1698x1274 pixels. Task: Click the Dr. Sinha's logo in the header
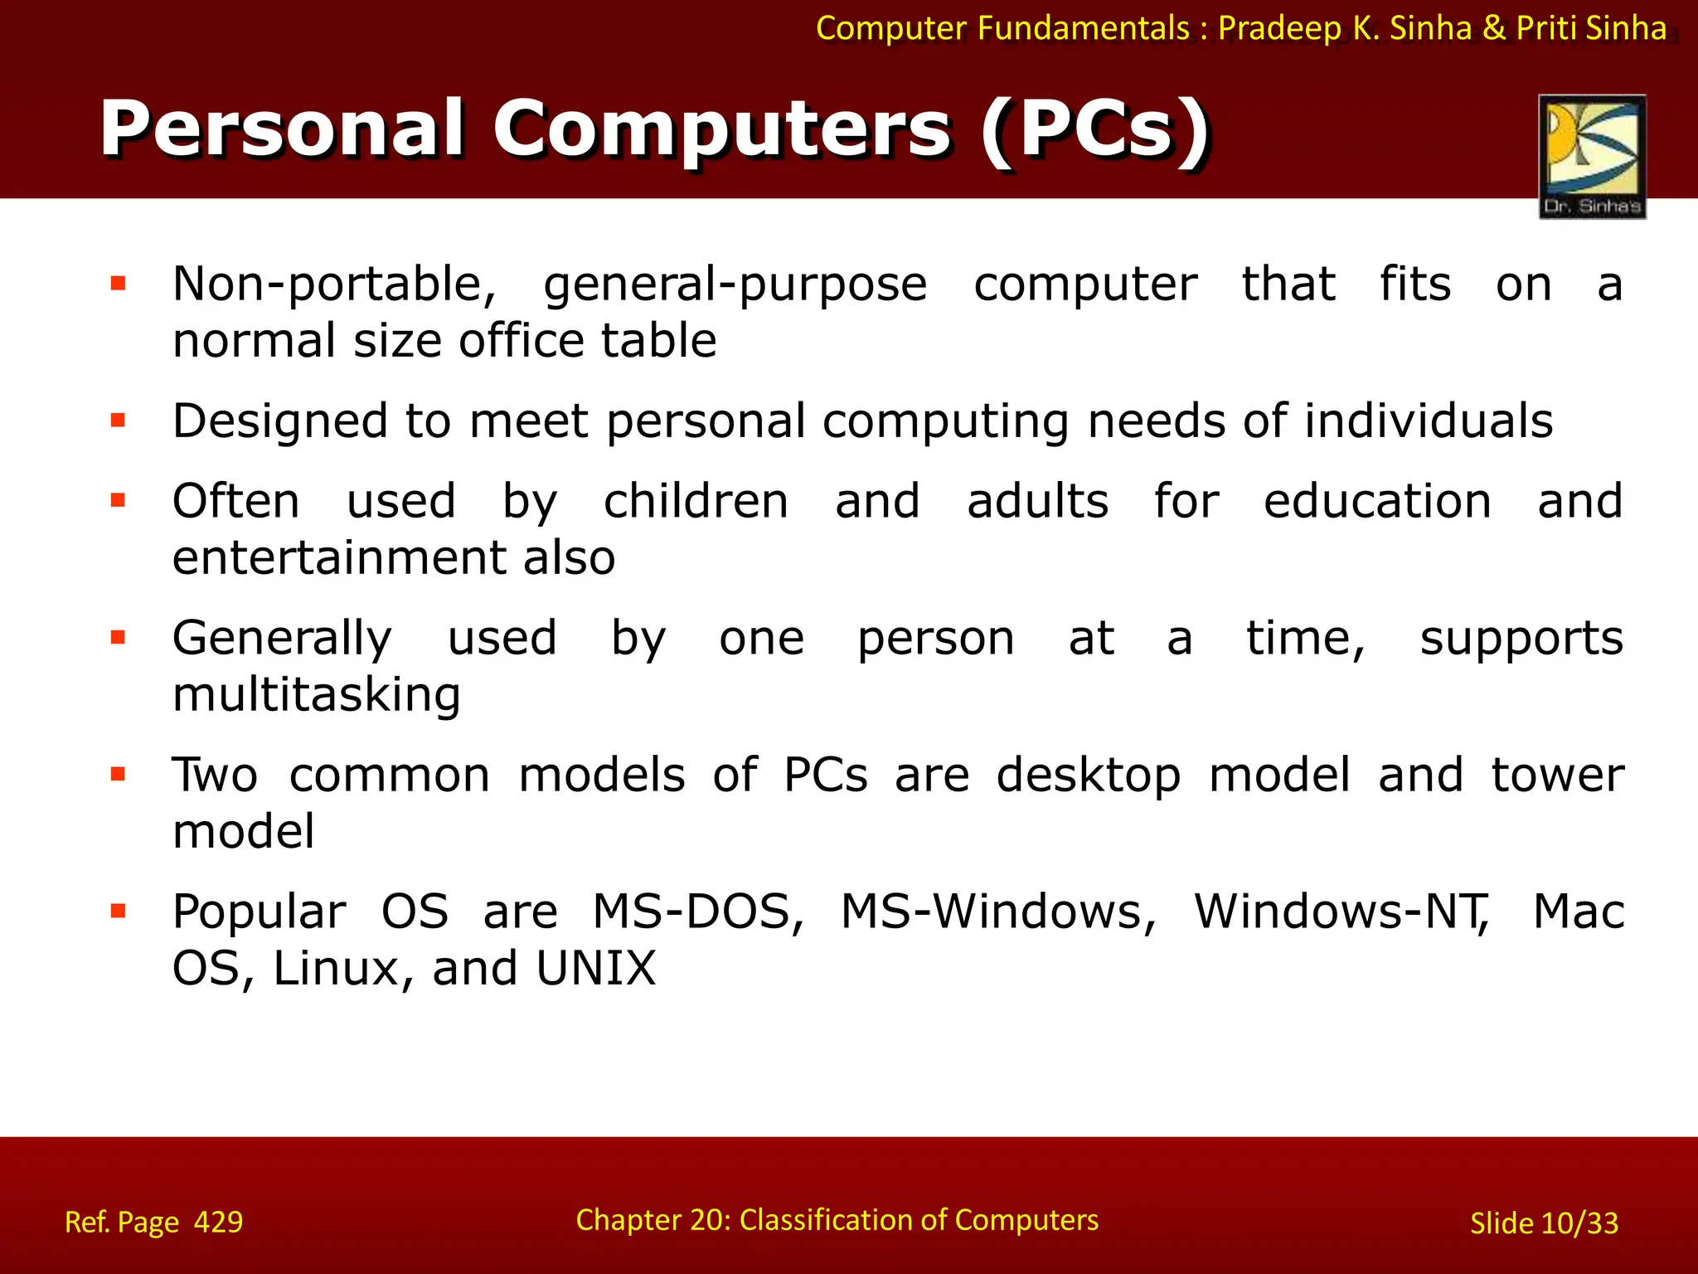[x=1592, y=157]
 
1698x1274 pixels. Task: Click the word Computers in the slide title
[x=721, y=129]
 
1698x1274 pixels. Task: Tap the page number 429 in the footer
[x=218, y=1222]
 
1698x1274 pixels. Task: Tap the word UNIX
[x=595, y=969]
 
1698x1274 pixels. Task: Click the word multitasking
[x=316, y=695]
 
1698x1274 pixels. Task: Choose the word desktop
[x=1088, y=776]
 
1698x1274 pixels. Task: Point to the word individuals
[x=1428, y=421]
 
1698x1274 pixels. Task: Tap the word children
[x=696, y=502]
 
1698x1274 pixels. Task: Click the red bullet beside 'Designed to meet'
[x=118, y=421]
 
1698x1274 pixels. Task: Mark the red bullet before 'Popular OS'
[x=118, y=912]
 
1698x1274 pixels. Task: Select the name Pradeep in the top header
[x=1278, y=28]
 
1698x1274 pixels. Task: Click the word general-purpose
[x=735, y=284]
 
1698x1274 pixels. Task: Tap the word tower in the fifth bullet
[x=1557, y=776]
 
